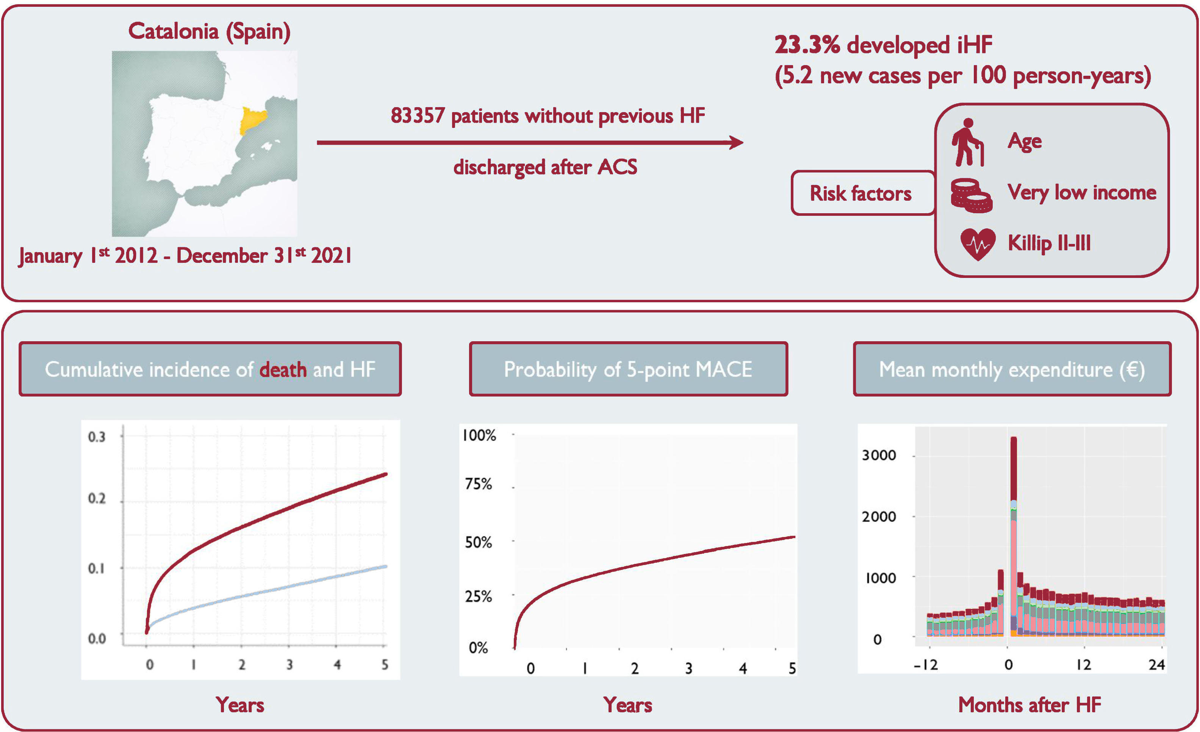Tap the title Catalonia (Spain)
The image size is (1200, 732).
click(x=210, y=32)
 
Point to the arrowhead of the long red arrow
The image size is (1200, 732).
click(x=736, y=143)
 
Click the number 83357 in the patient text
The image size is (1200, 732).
click(x=418, y=116)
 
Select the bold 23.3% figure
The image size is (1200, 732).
click(x=807, y=45)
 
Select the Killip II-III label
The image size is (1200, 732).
click(x=1049, y=242)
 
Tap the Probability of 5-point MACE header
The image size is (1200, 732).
click(x=628, y=369)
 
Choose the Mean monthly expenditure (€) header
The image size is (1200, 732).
click(x=1012, y=369)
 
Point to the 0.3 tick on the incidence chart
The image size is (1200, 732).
click(x=96, y=437)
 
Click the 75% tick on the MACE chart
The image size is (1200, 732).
click(x=478, y=484)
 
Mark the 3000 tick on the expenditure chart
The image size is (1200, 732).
click(x=879, y=455)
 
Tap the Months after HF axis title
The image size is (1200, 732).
click(x=1029, y=705)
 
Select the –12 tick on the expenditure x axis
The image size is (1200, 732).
click(x=925, y=664)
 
